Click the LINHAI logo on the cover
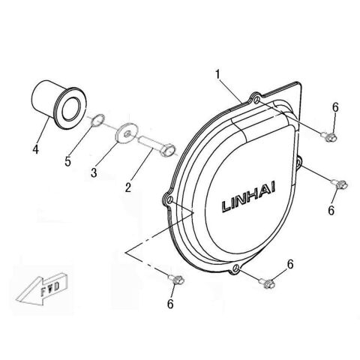(249, 197)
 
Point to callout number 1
(218, 74)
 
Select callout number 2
(128, 187)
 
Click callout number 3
(94, 172)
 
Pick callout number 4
(36, 149)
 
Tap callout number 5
(67, 161)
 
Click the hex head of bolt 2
(167, 150)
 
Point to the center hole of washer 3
(128, 134)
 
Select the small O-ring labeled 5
(97, 120)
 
